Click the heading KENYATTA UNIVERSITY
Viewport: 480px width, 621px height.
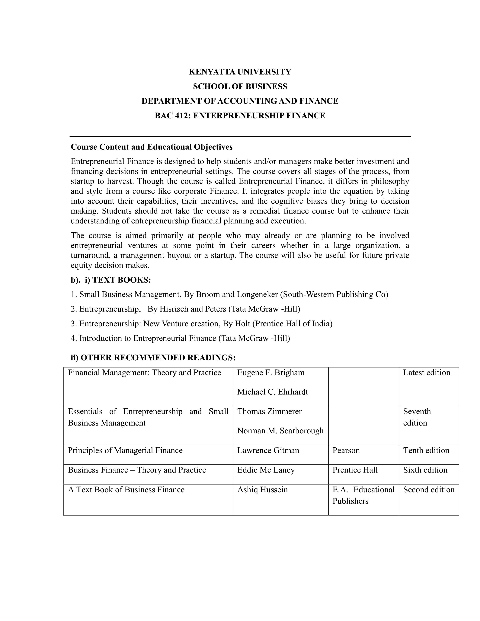coord(240,72)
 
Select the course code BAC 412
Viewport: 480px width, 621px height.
coord(168,116)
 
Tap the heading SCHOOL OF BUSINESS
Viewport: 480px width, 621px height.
coord(240,86)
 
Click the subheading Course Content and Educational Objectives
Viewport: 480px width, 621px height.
coord(152,147)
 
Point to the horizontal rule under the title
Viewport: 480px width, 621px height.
coord(240,136)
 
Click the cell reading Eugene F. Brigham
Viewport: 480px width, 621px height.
coord(271,373)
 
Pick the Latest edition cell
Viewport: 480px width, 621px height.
coord(427,373)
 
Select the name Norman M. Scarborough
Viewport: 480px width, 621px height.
coord(280,431)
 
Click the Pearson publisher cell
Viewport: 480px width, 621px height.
coord(346,450)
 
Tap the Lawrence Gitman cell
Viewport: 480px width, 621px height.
coord(268,450)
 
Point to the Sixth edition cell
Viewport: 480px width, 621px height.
coord(425,470)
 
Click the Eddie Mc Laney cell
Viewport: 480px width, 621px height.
coord(266,470)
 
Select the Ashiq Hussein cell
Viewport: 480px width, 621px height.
coord(262,490)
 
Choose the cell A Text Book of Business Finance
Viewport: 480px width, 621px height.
coord(126,490)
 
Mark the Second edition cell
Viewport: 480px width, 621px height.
coord(429,490)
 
